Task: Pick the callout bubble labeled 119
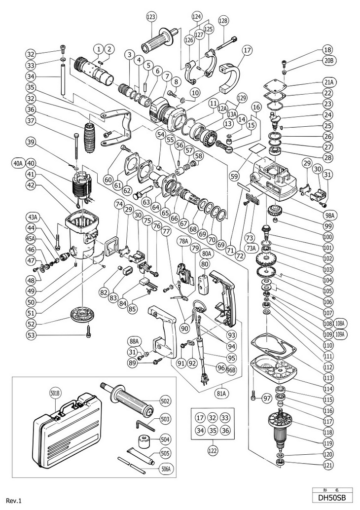point(327,442)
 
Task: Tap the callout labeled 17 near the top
point(247,50)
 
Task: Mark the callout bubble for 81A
point(220,393)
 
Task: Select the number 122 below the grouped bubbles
point(212,450)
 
